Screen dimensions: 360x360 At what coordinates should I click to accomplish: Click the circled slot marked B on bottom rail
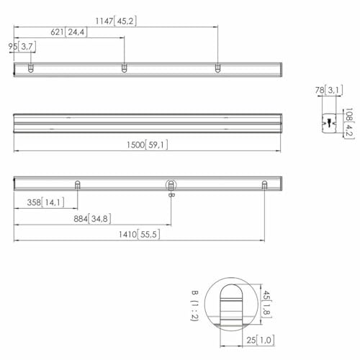(171, 185)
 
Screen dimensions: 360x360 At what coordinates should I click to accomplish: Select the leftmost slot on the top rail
(30, 68)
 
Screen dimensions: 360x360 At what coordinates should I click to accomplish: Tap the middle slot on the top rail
(124, 68)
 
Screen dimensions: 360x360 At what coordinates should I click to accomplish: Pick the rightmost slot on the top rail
(218, 68)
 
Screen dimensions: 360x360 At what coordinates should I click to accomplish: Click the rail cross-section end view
(329, 122)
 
